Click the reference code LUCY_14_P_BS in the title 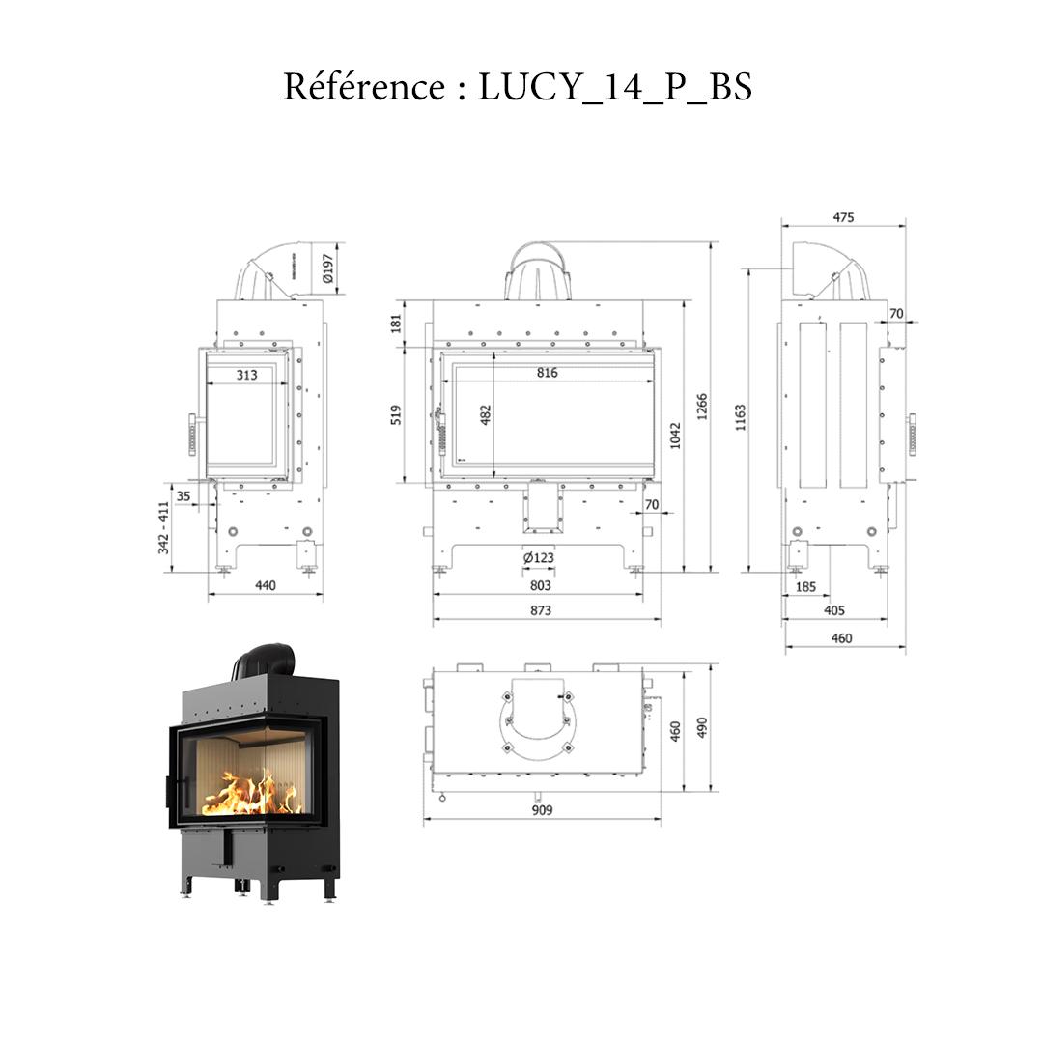point(614,88)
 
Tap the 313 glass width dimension point(246,375)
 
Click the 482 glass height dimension point(486,414)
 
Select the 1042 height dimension point(675,435)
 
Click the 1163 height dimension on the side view point(741,418)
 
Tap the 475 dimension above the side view point(843,218)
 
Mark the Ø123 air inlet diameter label point(538,558)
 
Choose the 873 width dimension point(541,610)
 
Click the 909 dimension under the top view point(542,810)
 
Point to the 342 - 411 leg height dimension point(163,527)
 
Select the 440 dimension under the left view point(265,585)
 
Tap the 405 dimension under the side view point(835,610)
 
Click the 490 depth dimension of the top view point(702,726)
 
